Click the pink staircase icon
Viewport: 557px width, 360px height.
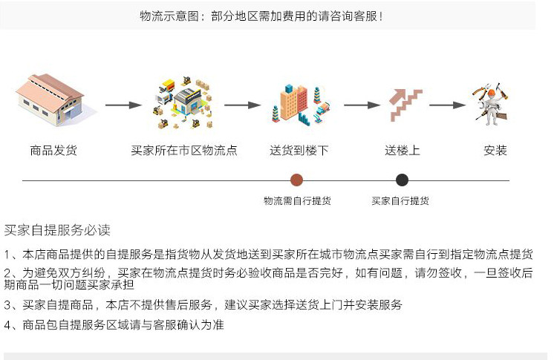point(405,105)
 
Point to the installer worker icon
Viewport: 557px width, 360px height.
point(492,103)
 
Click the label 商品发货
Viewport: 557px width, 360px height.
point(53,151)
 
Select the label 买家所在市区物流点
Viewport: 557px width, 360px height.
point(184,151)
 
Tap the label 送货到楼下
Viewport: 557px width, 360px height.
point(299,151)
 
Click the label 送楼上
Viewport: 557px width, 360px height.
point(403,151)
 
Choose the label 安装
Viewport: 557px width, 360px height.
point(495,151)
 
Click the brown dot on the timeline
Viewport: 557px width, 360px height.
point(296,180)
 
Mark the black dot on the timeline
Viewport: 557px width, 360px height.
point(402,180)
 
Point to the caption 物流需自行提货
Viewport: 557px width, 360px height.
point(297,200)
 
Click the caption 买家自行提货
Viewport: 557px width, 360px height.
point(400,200)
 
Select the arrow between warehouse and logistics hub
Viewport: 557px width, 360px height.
point(123,105)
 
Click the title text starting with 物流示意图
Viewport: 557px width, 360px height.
point(261,16)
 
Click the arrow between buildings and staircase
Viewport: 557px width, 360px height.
point(361,105)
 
